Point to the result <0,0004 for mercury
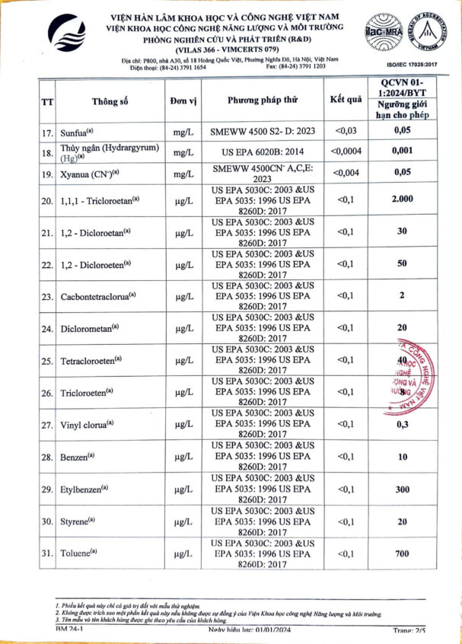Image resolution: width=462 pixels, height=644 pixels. (346, 151)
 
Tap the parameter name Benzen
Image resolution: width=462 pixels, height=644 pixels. (77, 457)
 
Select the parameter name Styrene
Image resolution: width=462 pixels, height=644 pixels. (78, 521)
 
